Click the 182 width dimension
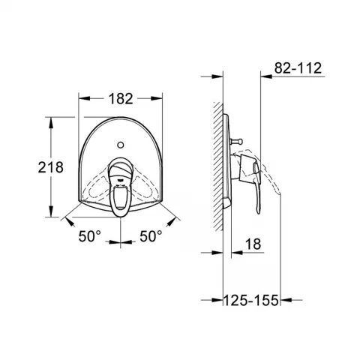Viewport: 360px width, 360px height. click(121, 99)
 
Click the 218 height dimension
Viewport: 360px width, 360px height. click(51, 167)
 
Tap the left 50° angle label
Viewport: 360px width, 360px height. click(90, 236)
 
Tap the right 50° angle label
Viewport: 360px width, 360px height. click(151, 236)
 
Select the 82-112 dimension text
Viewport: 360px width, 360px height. click(298, 67)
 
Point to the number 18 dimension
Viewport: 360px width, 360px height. click(253, 244)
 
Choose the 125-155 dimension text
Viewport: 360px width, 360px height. click(250, 300)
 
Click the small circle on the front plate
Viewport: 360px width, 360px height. click(121, 145)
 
